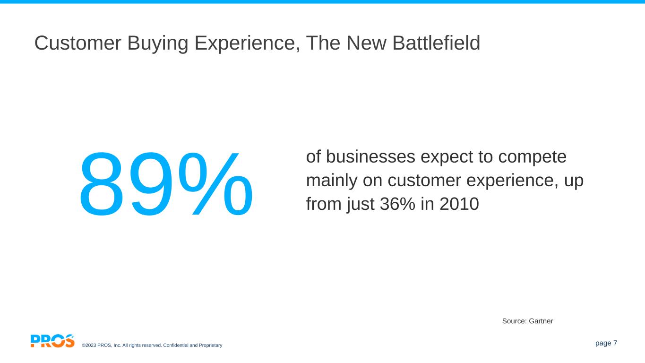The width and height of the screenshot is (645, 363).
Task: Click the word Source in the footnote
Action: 513,321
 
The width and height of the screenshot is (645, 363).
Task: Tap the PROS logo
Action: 52,341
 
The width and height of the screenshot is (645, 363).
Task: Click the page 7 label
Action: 606,343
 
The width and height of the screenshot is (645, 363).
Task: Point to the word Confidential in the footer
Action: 176,346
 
